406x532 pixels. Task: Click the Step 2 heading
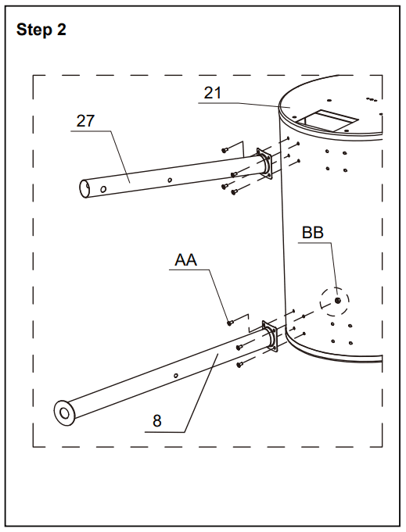coord(41,30)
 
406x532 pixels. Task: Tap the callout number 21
coord(212,93)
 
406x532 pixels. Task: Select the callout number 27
coord(85,121)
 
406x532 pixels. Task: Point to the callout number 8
coord(157,421)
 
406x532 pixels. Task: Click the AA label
coord(185,260)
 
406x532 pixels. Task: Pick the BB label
coord(313,233)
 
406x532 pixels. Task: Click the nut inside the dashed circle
coord(338,300)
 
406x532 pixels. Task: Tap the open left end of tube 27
coord(84,188)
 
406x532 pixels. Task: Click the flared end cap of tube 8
coord(64,413)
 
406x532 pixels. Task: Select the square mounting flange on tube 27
coord(264,164)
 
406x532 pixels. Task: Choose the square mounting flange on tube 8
coord(271,336)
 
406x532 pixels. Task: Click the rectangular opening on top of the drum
coord(326,120)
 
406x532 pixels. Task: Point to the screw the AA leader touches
coord(230,323)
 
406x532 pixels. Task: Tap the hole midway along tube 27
coord(170,180)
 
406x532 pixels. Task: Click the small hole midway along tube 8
coord(176,375)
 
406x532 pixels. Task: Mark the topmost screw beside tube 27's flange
coord(225,150)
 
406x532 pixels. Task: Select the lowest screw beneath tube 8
coord(240,365)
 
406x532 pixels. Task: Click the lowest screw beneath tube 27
coord(234,192)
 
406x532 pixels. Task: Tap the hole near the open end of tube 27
coord(103,188)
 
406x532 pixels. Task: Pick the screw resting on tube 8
coord(239,347)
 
